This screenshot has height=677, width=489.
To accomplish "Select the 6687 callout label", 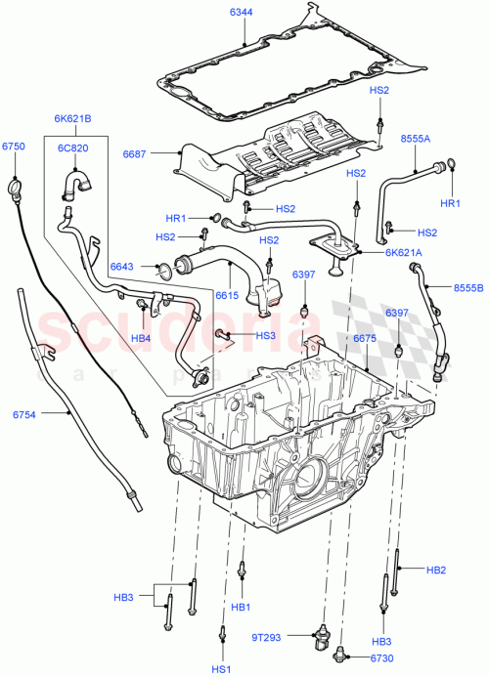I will (x=135, y=152).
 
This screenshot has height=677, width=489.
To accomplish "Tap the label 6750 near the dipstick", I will (x=13, y=146).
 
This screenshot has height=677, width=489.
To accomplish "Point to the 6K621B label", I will (x=73, y=118).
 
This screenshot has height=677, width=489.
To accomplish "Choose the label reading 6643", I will (x=122, y=266).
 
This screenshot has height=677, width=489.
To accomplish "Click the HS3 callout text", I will (x=266, y=335).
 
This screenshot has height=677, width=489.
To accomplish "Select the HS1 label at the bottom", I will (x=222, y=668).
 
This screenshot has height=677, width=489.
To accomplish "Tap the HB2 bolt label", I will (x=435, y=569).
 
